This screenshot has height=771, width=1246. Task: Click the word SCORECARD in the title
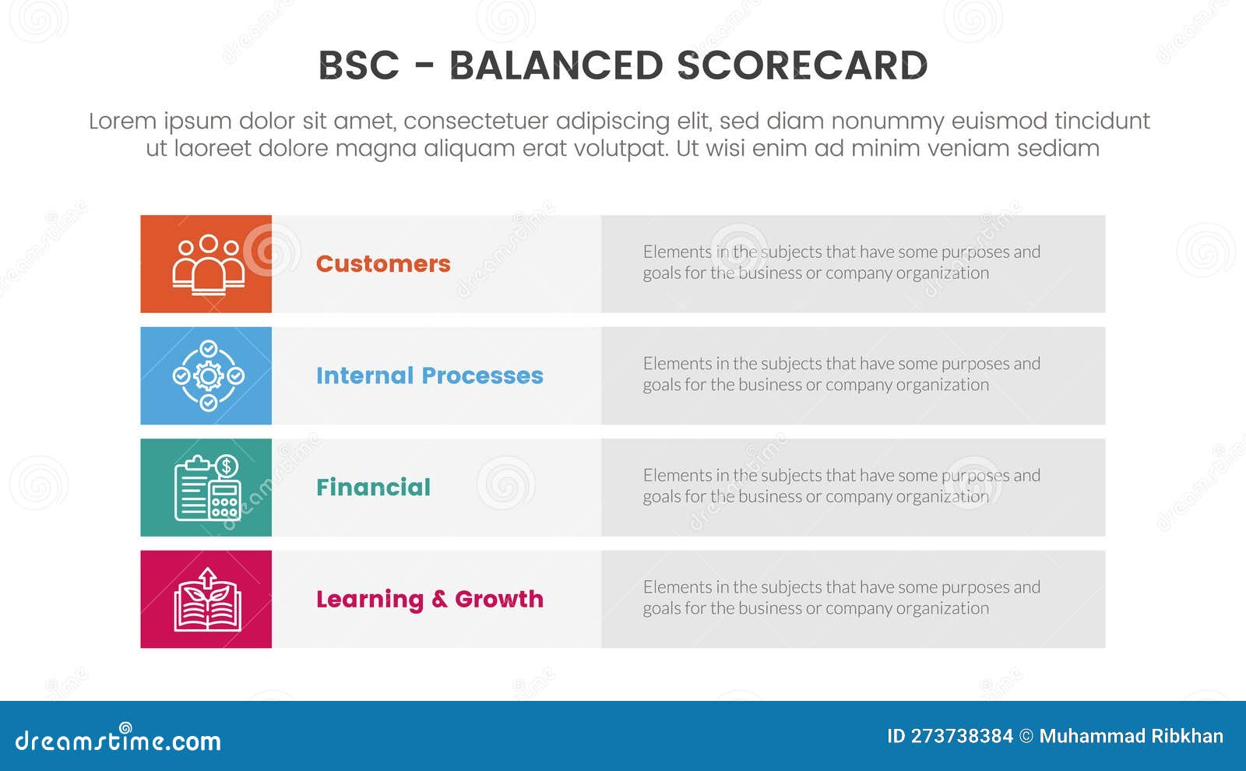click(x=802, y=65)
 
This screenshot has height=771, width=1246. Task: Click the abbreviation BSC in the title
click(x=358, y=65)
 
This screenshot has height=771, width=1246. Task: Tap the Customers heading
click(x=383, y=264)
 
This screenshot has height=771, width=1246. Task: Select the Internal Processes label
click(x=429, y=375)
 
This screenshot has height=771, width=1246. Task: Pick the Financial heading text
click(x=373, y=488)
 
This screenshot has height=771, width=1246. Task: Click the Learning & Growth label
click(x=429, y=599)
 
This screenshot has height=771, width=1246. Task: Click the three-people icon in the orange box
click(x=208, y=264)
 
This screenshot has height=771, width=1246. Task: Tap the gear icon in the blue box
click(x=208, y=376)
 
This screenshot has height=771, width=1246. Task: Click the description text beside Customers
click(x=841, y=262)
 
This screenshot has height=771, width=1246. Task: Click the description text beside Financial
click(x=841, y=486)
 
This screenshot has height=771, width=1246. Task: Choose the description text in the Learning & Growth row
click(x=841, y=597)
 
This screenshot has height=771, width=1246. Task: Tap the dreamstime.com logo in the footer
click(x=118, y=740)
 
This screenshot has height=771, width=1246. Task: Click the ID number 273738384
click(x=961, y=736)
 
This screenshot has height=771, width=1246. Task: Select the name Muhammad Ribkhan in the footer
click(x=1131, y=736)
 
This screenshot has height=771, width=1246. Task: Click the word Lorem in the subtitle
click(x=122, y=121)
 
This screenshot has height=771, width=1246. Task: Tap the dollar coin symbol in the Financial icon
click(x=227, y=466)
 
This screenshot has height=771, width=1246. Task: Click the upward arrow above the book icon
click(x=207, y=577)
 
